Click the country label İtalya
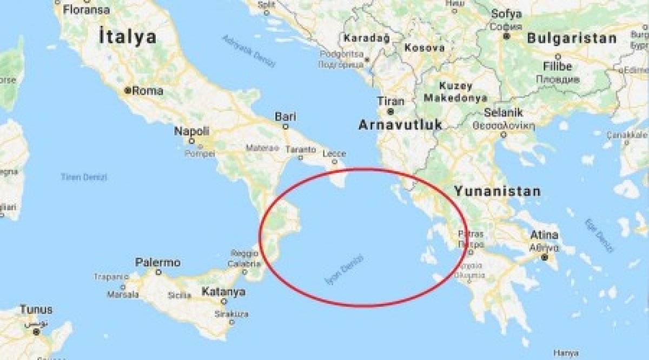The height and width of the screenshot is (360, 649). tap(128, 37)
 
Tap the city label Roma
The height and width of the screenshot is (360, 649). tap(147, 91)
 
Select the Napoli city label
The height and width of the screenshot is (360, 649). tap(191, 131)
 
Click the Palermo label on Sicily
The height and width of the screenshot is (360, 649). tap(157, 263)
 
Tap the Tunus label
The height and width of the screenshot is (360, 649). tap(36, 310)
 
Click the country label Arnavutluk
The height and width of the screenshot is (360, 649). tap(400, 125)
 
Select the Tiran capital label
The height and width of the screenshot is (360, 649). tap(390, 101)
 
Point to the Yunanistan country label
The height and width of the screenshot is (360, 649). tap(497, 191)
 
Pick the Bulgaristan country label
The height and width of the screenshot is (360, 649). tap(572, 38)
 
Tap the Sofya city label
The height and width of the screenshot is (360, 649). tap(507, 14)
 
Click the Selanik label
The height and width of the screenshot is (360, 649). tap(504, 112)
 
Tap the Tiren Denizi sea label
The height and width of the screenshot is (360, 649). tap(84, 177)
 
